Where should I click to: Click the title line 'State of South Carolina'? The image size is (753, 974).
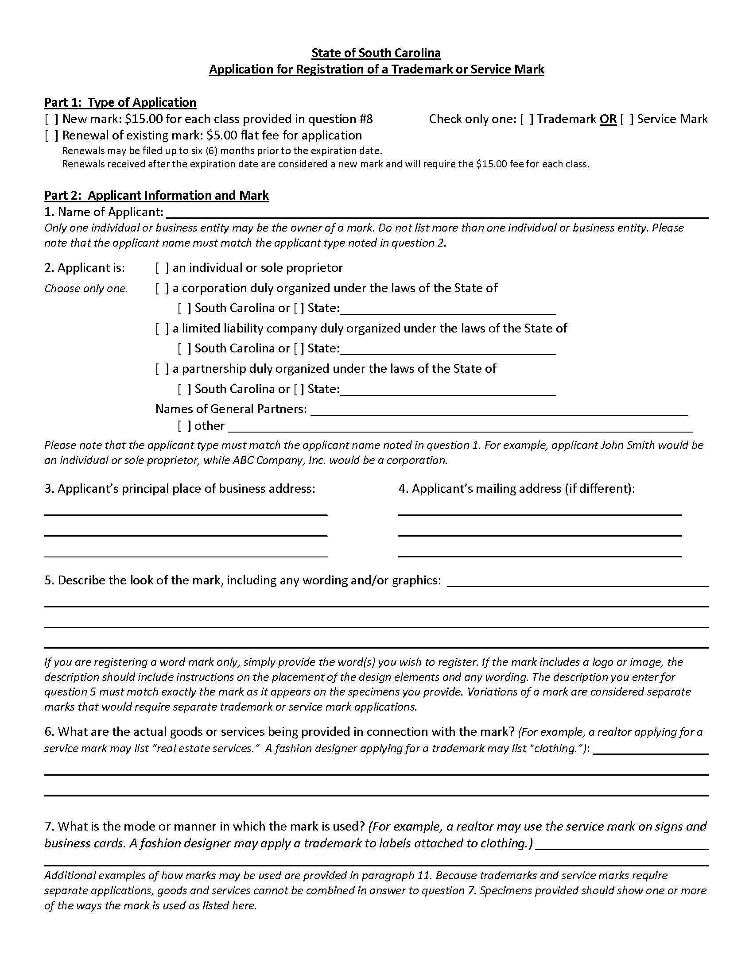click(x=376, y=53)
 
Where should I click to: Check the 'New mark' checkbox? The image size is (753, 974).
click(x=51, y=119)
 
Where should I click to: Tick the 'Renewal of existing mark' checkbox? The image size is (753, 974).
click(x=51, y=135)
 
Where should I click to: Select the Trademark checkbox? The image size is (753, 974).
click(x=526, y=119)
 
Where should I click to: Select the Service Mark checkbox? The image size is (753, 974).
click(x=627, y=119)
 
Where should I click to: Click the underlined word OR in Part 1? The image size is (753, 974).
click(x=608, y=119)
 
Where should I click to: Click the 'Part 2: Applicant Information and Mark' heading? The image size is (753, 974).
click(x=156, y=195)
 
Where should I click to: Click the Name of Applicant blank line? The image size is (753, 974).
click(x=437, y=213)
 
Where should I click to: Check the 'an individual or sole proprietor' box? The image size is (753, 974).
click(x=162, y=268)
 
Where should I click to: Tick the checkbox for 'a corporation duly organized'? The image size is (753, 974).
click(x=162, y=288)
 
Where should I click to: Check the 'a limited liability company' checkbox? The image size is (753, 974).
click(x=162, y=329)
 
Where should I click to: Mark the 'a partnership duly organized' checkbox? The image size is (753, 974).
click(x=162, y=369)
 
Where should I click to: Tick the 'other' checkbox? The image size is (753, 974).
click(x=184, y=426)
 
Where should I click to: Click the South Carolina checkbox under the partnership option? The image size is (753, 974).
click(x=184, y=389)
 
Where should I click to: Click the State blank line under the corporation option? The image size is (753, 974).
click(x=447, y=309)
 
